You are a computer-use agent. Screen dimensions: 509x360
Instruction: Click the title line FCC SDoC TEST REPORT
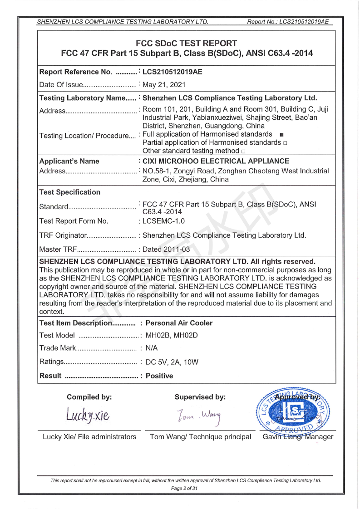187,44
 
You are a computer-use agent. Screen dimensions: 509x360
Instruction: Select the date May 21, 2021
164,85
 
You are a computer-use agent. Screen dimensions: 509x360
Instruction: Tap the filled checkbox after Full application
281,135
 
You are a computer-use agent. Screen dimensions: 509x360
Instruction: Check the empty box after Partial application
285,143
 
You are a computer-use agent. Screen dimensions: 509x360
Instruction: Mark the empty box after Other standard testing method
243,151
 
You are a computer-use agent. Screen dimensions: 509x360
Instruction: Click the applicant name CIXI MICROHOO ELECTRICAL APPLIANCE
216,161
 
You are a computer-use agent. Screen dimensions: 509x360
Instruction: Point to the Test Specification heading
70,192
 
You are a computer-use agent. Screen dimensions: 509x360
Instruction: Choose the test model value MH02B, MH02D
172,336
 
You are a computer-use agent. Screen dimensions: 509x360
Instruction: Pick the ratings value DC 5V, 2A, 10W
172,362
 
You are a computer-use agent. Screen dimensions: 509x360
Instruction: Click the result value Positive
159,376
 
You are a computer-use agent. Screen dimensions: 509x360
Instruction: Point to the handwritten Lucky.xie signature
88,414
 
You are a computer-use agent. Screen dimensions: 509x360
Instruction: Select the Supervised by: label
200,397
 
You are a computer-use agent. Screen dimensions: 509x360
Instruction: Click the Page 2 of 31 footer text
184,489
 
